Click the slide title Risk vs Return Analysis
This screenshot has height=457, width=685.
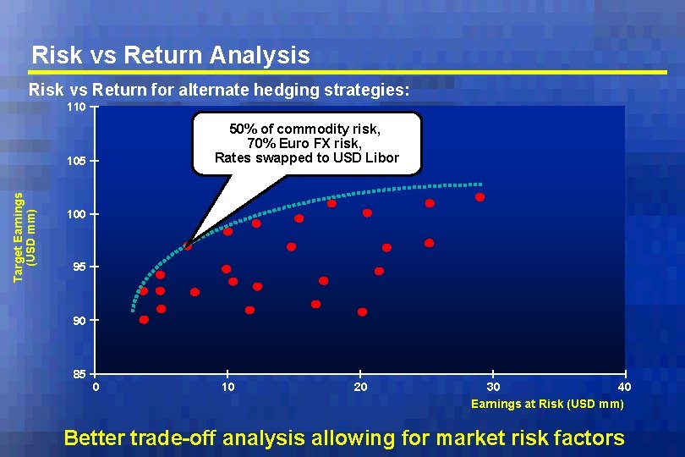[x=170, y=56]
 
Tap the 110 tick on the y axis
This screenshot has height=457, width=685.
[x=76, y=108]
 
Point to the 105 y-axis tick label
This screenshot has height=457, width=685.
[x=76, y=162]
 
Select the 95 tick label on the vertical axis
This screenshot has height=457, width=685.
[x=78, y=267]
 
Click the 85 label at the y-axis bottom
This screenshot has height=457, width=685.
[x=78, y=374]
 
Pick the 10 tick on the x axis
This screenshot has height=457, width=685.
[x=227, y=387]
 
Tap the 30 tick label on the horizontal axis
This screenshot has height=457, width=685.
[x=494, y=387]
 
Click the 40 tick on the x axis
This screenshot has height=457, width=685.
[x=624, y=387]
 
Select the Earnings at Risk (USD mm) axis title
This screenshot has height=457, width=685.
[x=547, y=404]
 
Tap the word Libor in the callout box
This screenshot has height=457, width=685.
[x=381, y=157]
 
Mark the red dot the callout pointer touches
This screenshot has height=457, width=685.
[x=188, y=246]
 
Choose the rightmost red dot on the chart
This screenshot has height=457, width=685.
[x=479, y=197]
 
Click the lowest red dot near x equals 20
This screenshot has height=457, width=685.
[x=362, y=311]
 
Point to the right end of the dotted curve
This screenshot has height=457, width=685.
[x=481, y=184]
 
